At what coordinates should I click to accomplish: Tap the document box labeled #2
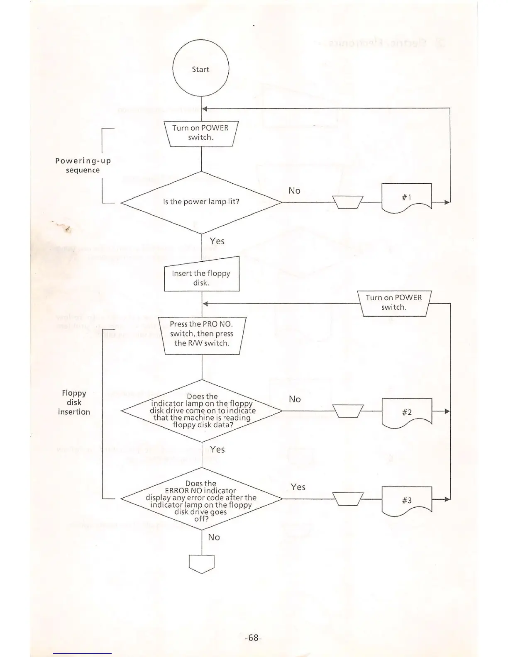[406, 412]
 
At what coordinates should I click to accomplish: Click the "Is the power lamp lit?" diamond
[201, 202]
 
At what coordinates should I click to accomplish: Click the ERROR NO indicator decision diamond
[201, 499]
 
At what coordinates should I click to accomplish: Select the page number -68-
[253, 638]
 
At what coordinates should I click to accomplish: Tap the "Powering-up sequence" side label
[83, 165]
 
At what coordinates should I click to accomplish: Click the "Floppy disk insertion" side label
[74, 402]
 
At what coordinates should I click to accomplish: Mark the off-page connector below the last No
[202, 564]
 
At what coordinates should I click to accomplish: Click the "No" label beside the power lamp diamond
[294, 190]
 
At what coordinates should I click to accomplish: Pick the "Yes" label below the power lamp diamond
[217, 241]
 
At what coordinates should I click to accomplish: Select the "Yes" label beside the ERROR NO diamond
[298, 487]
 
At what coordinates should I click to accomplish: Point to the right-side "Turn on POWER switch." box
[394, 303]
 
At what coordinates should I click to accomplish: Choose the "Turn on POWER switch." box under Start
[201, 133]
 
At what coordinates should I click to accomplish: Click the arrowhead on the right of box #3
[447, 499]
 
